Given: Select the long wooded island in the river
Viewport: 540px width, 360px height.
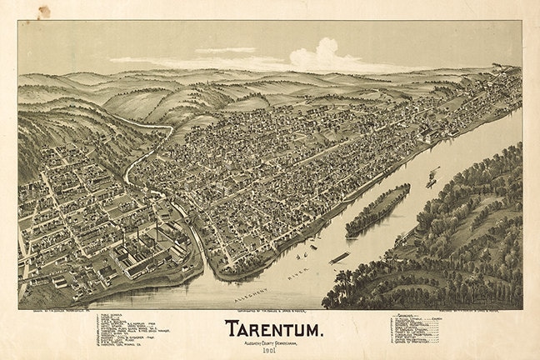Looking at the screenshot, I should tap(377, 210).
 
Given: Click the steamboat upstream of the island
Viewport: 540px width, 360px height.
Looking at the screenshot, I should tap(432, 178).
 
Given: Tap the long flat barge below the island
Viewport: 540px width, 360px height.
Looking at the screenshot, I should tap(339, 257).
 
